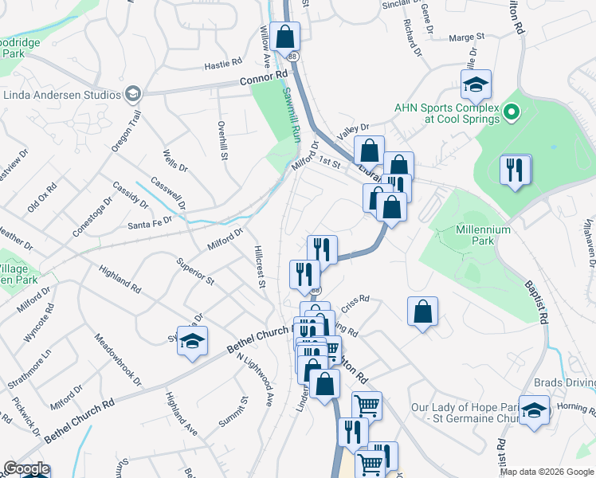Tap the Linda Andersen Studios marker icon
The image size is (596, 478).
[133, 95]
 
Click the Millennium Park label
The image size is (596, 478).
[483, 236]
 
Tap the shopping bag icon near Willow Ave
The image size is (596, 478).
[284, 37]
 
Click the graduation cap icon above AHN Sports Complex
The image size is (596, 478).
[476, 84]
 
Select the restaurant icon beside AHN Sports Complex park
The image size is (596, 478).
[515, 170]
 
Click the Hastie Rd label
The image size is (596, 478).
[222, 63]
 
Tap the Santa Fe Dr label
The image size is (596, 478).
[149, 225]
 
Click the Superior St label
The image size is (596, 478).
[195, 271]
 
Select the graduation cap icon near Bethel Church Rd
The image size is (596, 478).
[192, 340]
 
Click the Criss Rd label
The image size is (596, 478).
[355, 300]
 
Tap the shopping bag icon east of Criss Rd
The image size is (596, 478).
[423, 311]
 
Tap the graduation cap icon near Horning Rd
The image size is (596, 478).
[534, 410]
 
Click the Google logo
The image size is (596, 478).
[25, 468]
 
